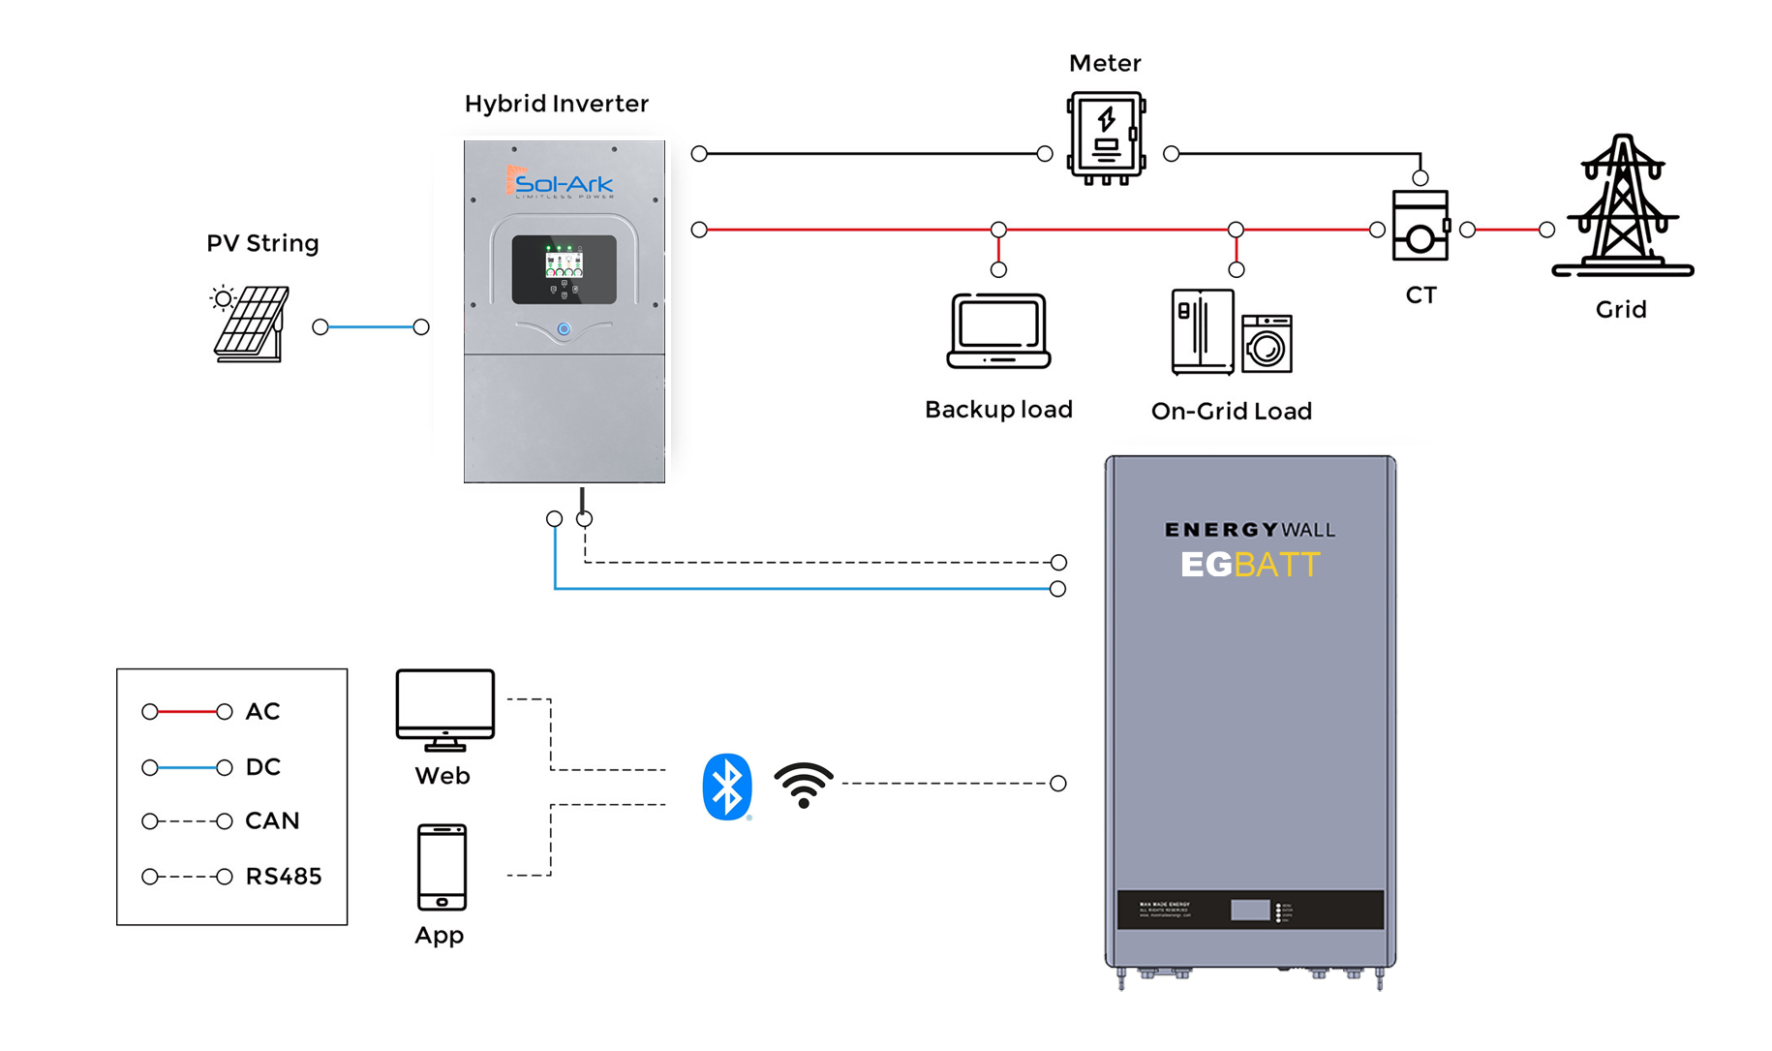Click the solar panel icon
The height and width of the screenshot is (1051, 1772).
pos(251,324)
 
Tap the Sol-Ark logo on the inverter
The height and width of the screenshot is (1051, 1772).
pos(561,183)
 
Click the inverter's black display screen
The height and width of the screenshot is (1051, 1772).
pos(565,269)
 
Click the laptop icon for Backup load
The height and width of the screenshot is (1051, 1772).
pos(998,330)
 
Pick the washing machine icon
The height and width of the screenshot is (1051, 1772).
pos(1267,344)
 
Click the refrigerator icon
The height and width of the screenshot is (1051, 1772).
pos(1202,331)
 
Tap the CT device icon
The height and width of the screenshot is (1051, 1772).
pos(1420,227)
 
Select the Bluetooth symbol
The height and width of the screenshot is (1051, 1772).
pos(726,786)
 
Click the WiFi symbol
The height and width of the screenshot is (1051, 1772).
pos(803,785)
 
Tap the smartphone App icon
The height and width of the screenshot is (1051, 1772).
pos(442,867)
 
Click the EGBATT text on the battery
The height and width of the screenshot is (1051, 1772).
pos(1249,565)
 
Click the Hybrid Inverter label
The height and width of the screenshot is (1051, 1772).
pos(556,104)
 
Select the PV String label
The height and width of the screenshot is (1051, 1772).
pos(262,243)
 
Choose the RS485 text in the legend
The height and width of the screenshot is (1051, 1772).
pos(283,877)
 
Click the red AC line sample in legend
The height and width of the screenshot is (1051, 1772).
pos(187,712)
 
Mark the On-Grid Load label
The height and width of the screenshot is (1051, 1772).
pos(1231,411)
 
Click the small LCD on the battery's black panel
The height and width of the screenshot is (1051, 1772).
pos(1249,911)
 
